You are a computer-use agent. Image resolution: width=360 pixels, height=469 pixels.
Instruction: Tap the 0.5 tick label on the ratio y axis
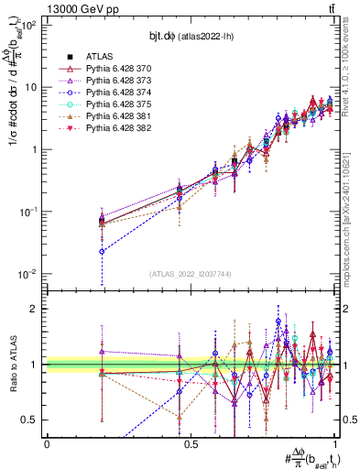click(x=34, y=420)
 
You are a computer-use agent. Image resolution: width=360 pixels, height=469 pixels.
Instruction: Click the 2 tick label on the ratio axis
click(x=38, y=309)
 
